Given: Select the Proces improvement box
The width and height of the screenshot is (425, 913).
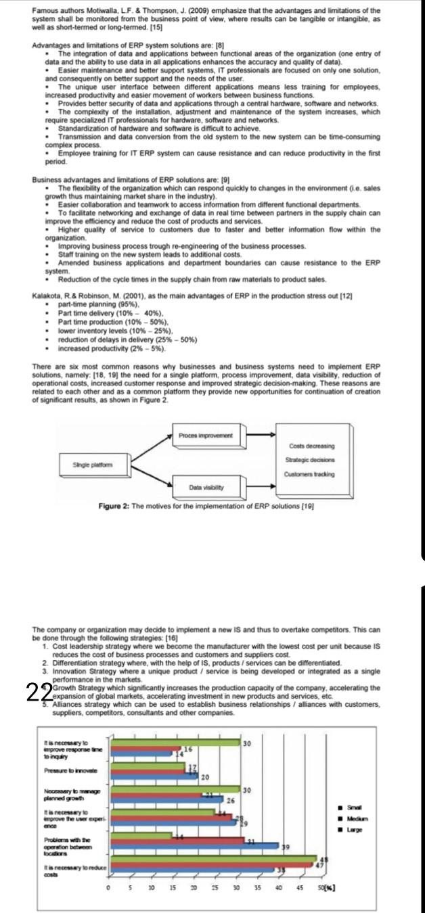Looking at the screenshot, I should point(205,436).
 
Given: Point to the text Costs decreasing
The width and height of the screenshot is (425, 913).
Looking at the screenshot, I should point(311,446).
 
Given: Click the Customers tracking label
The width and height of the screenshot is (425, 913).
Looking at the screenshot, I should point(311,473).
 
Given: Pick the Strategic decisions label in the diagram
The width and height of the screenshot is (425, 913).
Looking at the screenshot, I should point(311,460).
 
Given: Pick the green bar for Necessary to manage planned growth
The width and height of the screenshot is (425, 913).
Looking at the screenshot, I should point(175,789).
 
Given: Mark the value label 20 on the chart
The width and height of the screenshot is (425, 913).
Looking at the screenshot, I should point(203,776).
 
